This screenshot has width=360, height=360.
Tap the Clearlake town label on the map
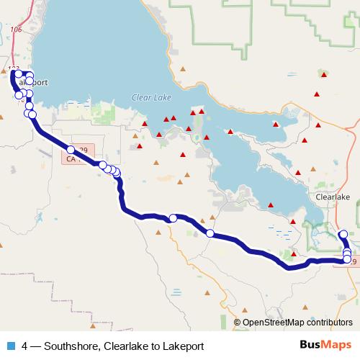tap(332, 196)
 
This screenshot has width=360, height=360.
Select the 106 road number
tap(17, 30)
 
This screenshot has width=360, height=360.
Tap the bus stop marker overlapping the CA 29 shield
tap(71, 150)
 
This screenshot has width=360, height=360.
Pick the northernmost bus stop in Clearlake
tap(343, 233)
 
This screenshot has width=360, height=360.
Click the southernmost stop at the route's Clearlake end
tap(347, 259)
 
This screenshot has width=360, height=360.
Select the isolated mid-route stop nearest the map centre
tap(173, 218)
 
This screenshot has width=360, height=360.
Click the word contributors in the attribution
tap(327, 323)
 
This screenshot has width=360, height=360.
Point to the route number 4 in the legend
tap(24, 346)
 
